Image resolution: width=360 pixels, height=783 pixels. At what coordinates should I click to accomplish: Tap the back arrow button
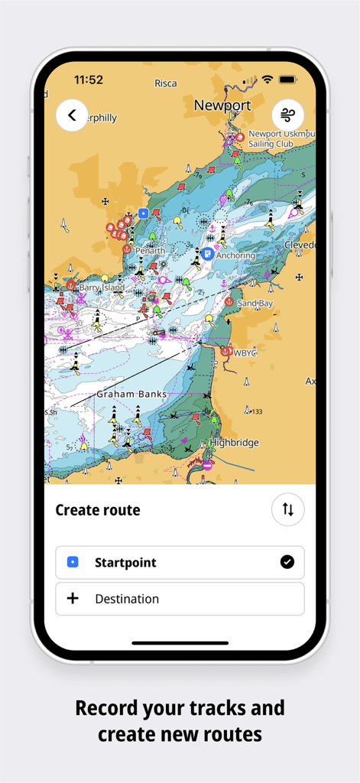click(72, 115)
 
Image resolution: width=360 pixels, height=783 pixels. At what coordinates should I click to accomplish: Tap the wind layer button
click(288, 115)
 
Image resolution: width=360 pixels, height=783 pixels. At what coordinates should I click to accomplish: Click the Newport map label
click(222, 106)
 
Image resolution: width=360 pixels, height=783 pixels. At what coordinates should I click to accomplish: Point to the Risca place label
click(165, 83)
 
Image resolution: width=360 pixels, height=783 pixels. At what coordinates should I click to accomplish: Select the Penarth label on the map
click(150, 251)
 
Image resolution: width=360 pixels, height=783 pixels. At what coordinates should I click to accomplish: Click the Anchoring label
click(235, 255)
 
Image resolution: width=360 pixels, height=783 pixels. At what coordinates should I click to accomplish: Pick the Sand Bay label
click(255, 304)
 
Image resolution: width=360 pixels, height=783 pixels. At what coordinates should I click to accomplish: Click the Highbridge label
click(235, 443)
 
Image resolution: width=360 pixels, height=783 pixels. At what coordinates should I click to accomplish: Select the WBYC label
click(245, 353)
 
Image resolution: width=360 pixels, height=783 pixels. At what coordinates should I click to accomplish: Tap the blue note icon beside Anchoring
click(207, 253)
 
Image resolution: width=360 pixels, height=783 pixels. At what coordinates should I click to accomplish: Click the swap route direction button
click(288, 510)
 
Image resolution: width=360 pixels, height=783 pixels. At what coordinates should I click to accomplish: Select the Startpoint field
click(180, 562)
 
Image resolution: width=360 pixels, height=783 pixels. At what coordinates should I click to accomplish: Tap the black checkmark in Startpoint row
click(287, 562)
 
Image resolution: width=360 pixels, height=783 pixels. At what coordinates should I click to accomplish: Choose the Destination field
click(180, 599)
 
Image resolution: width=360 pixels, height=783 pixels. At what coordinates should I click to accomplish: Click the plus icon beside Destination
click(73, 599)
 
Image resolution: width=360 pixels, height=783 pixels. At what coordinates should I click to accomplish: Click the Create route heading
click(98, 510)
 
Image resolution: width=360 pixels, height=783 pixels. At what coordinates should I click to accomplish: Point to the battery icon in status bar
click(287, 80)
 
